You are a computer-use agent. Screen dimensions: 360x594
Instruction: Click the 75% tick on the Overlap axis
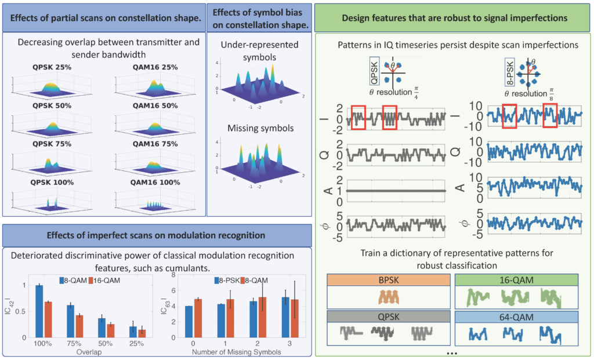(74, 344)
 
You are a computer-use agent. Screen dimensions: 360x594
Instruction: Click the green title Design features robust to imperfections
(454, 18)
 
